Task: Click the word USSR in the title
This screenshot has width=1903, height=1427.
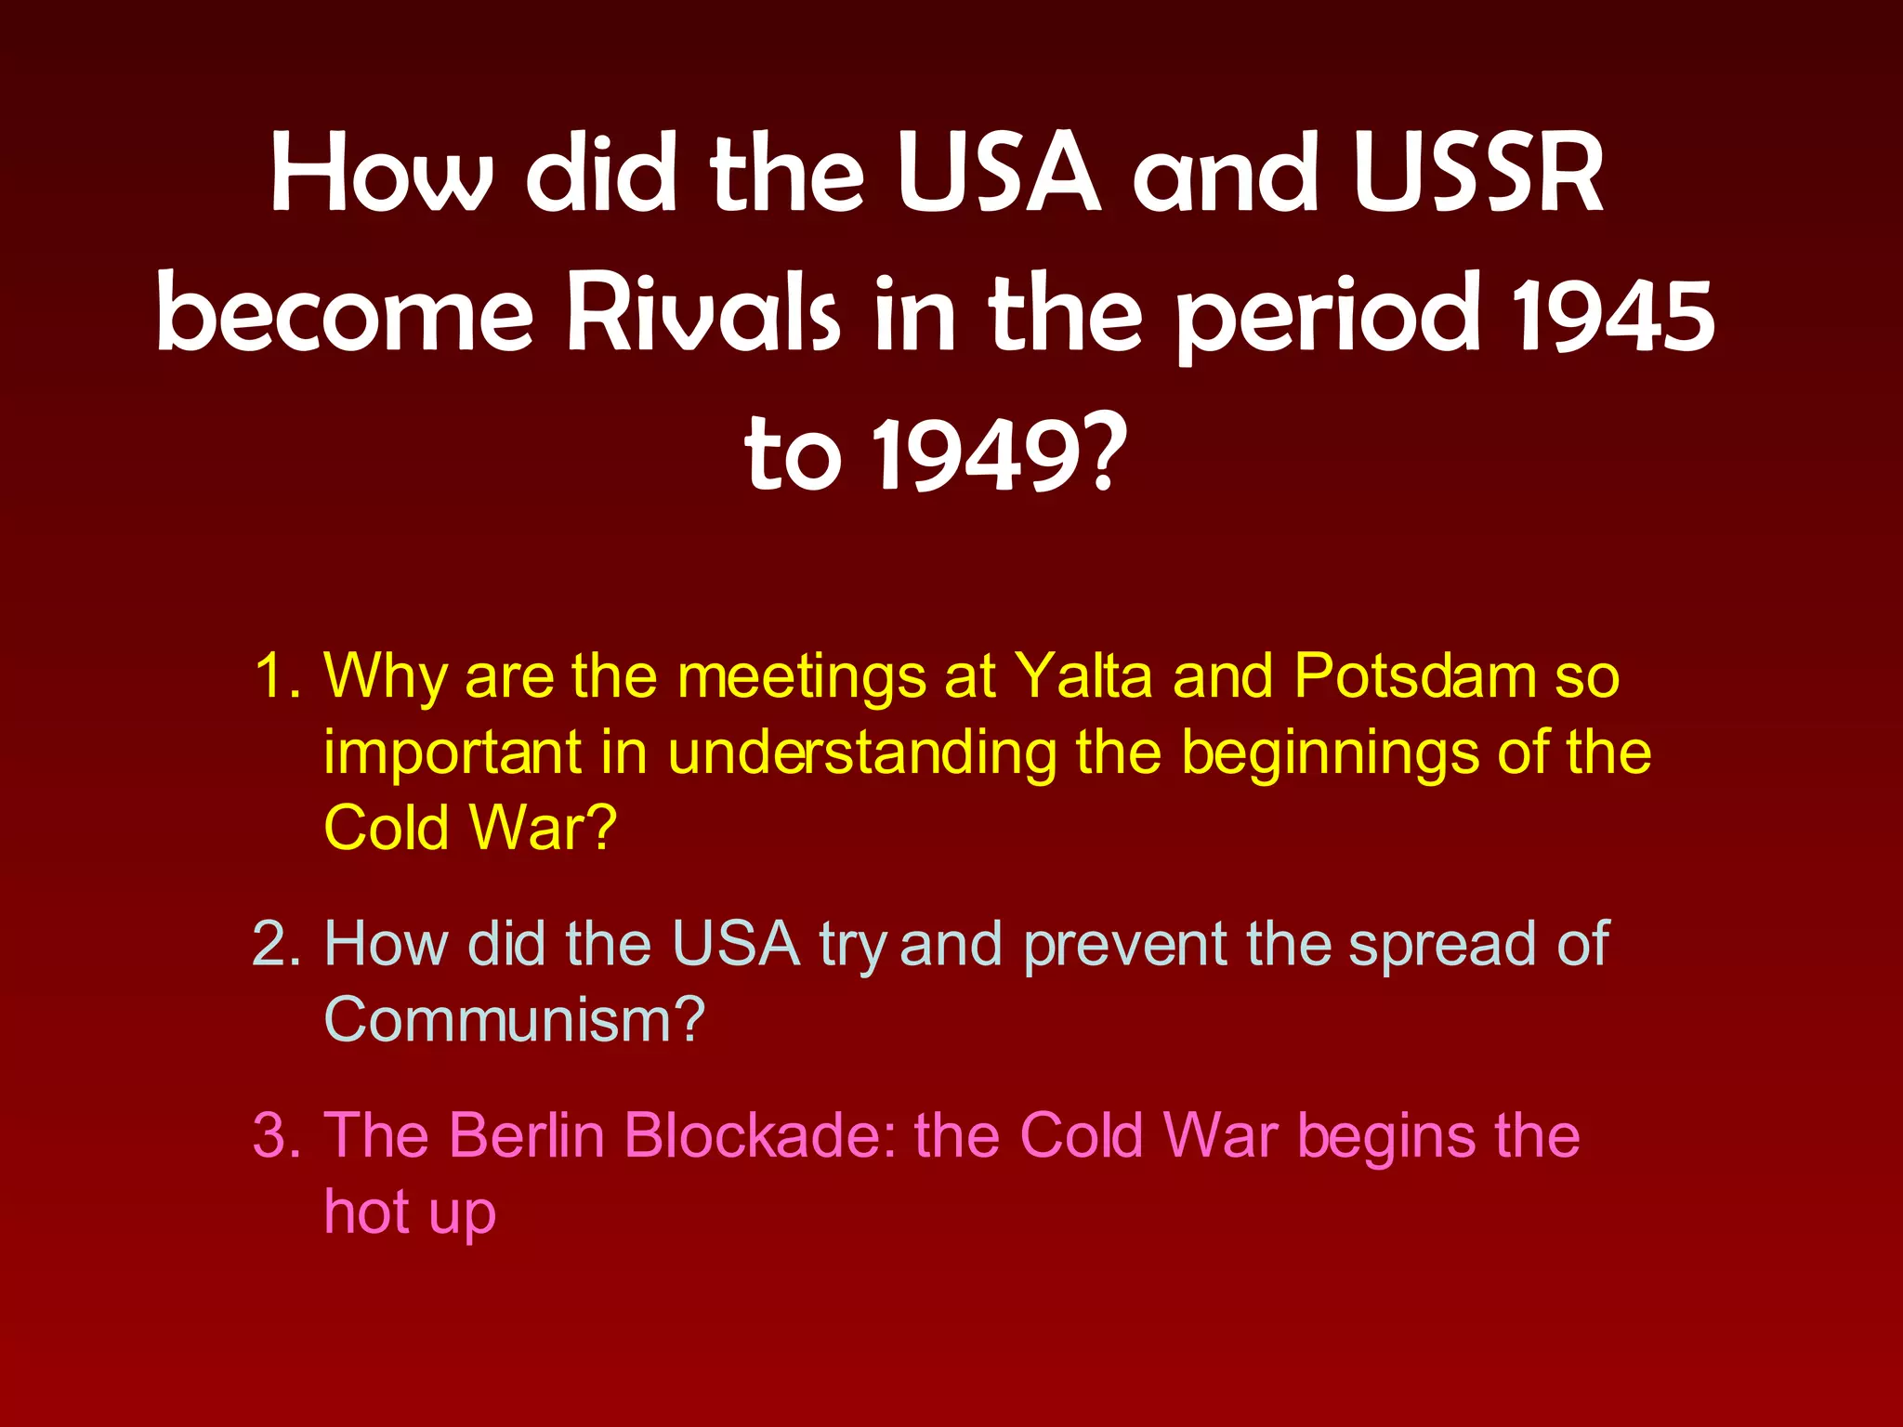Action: (1478, 174)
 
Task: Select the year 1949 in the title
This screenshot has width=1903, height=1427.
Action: (999, 455)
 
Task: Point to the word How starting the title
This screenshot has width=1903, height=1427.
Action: (381, 174)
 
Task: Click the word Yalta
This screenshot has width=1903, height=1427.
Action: (1083, 676)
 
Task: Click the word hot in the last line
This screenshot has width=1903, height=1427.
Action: (366, 1212)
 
